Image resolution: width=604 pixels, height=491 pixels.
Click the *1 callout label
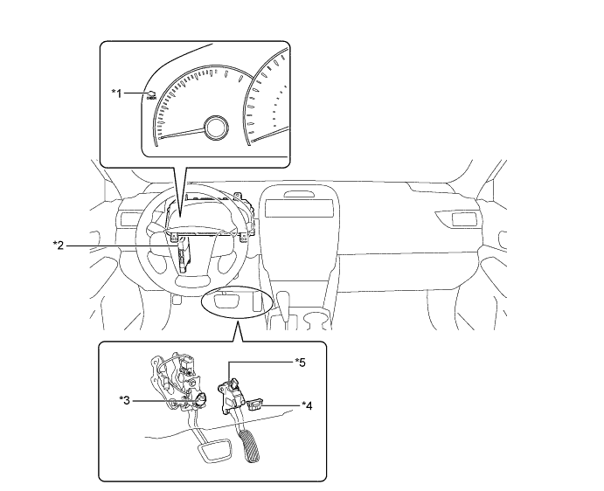(x=117, y=93)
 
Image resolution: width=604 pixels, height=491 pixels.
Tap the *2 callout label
(x=59, y=245)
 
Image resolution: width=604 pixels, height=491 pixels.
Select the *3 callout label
(x=124, y=400)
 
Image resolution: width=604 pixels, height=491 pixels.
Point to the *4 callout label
(x=307, y=405)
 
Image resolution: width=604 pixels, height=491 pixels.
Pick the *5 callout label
(x=300, y=363)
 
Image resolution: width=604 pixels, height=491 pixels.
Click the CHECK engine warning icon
(x=151, y=95)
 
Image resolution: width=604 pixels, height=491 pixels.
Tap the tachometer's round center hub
(x=216, y=128)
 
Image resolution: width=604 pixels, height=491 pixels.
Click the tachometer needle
(x=182, y=133)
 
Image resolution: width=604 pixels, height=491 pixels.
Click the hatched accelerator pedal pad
(x=250, y=446)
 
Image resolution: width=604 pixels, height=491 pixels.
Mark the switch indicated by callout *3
(x=200, y=400)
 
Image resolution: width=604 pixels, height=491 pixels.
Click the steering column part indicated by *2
(x=183, y=255)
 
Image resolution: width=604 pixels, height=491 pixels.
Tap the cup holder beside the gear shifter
(x=317, y=319)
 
